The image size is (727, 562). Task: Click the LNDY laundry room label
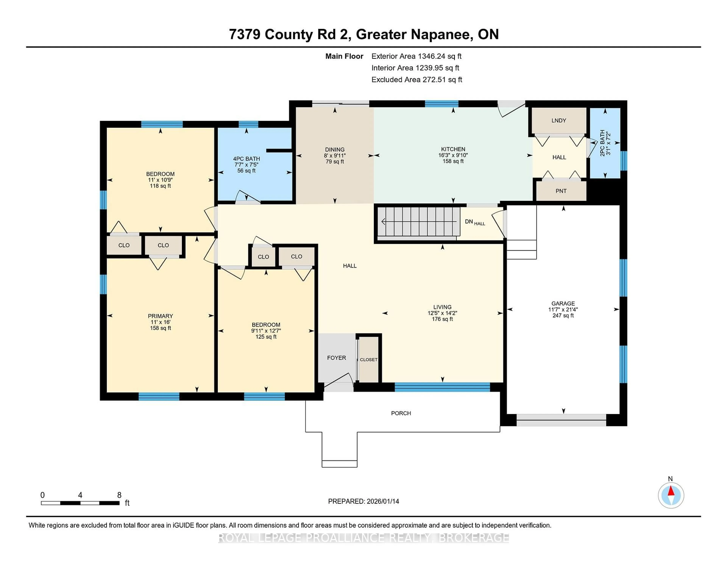(559, 121)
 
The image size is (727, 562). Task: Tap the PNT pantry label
(561, 191)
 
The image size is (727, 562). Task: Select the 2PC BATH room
(605, 143)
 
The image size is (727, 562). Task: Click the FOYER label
(336, 358)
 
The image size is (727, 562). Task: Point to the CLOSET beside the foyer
(368, 360)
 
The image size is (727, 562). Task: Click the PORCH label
(401, 413)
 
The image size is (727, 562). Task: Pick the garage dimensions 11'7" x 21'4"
(563, 309)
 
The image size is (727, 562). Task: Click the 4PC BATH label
(246, 159)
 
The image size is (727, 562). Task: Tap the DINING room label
(335, 149)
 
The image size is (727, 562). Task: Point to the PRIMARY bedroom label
(160, 316)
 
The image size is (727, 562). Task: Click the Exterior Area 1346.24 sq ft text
(416, 56)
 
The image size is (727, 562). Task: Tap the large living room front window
(442, 387)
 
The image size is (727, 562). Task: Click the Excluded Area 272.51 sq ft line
(417, 80)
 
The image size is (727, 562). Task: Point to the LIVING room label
(442, 307)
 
